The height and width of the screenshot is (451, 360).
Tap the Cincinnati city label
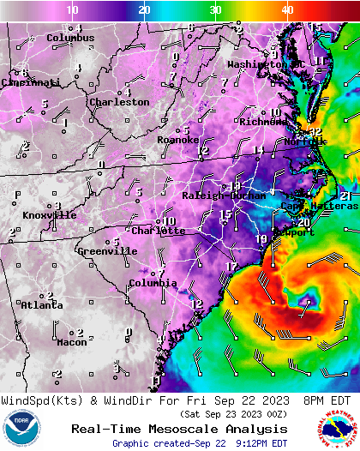click(x=31, y=82)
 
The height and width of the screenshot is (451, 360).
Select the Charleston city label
click(x=119, y=102)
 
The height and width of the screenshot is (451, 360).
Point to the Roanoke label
click(x=177, y=140)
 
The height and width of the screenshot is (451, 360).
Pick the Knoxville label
click(x=49, y=215)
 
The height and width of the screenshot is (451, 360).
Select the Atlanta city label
click(x=41, y=305)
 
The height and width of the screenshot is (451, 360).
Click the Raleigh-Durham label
click(x=224, y=196)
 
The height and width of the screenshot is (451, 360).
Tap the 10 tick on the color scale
click(x=73, y=9)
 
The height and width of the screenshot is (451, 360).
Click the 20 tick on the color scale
click(x=145, y=9)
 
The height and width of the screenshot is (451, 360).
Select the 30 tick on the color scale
click(x=216, y=9)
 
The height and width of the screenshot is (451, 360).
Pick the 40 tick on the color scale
click(x=288, y=9)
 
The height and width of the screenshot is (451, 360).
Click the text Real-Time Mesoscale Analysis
click(x=179, y=429)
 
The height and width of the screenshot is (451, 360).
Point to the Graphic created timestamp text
click(x=200, y=443)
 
